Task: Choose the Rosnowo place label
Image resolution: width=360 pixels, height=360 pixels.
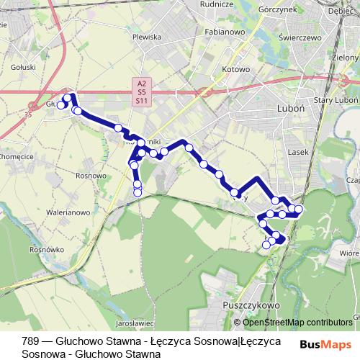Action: point(90,175)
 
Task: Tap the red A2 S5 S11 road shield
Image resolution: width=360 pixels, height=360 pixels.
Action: point(141,93)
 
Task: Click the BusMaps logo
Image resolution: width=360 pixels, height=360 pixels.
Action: point(325,345)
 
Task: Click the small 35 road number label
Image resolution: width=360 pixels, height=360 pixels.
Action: point(28,114)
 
